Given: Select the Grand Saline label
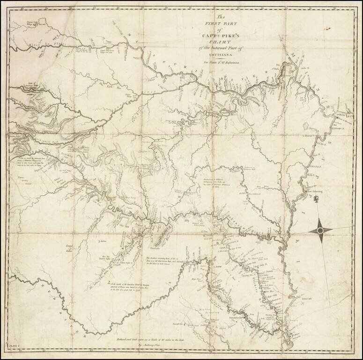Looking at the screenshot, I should tap(70, 246).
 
